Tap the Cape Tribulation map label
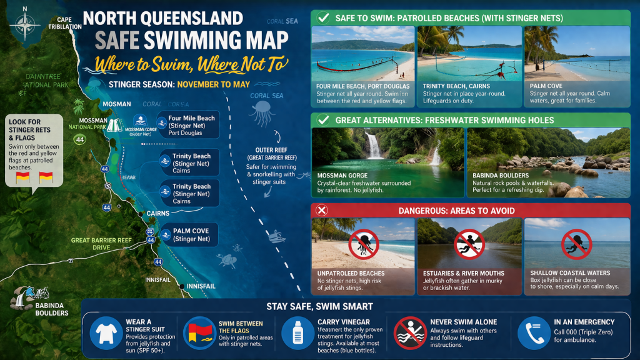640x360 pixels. [65, 23]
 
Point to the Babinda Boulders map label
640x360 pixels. [51, 309]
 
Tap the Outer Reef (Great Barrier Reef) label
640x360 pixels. [271, 154]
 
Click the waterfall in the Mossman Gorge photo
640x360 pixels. [374, 146]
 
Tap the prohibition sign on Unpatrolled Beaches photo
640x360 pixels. [363, 244]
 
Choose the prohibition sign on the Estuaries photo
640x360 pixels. [469, 244]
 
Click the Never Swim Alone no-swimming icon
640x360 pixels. [409, 333]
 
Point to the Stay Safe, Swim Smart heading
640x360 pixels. [320, 306]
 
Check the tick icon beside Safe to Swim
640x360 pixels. [323, 17]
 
